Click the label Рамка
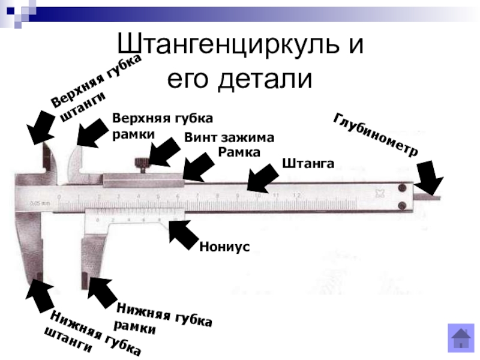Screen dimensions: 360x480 point(239,152)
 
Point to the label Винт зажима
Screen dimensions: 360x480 point(229,137)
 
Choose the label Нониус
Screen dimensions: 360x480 point(224,247)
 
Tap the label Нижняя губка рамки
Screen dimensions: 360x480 point(163,318)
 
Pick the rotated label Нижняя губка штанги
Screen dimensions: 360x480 point(93,334)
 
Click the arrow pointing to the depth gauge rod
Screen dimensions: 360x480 point(430,179)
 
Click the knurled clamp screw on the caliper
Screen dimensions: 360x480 point(142,163)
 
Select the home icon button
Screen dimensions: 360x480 point(461,337)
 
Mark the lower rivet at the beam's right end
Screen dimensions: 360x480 point(401,206)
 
